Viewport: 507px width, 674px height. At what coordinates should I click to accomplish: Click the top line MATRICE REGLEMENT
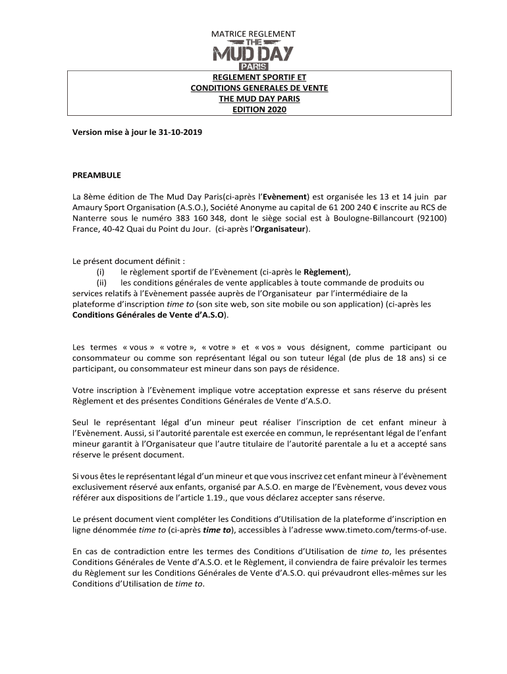coord(254,34)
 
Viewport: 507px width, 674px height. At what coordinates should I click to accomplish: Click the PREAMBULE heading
coord(97,175)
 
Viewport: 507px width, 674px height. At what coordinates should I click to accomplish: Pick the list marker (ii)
coord(102,282)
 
